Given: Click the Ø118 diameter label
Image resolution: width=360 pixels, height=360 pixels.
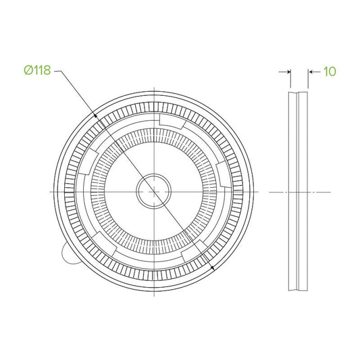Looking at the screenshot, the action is coord(37,70).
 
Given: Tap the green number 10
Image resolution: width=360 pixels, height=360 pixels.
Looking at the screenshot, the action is coord(330,72).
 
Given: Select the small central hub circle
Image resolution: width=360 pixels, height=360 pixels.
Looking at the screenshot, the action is coord(154,191).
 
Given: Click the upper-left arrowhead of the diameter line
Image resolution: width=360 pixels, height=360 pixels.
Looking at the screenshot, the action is coord(95,115).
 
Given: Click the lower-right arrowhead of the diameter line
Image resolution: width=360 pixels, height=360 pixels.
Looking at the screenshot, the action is coord(212,267).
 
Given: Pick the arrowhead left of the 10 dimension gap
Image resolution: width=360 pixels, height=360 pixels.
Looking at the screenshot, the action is coord(288,72).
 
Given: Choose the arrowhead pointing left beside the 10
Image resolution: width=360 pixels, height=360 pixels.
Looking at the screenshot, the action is coord(311,72).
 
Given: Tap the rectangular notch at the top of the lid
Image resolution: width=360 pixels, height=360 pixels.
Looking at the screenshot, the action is coord(172,120).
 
